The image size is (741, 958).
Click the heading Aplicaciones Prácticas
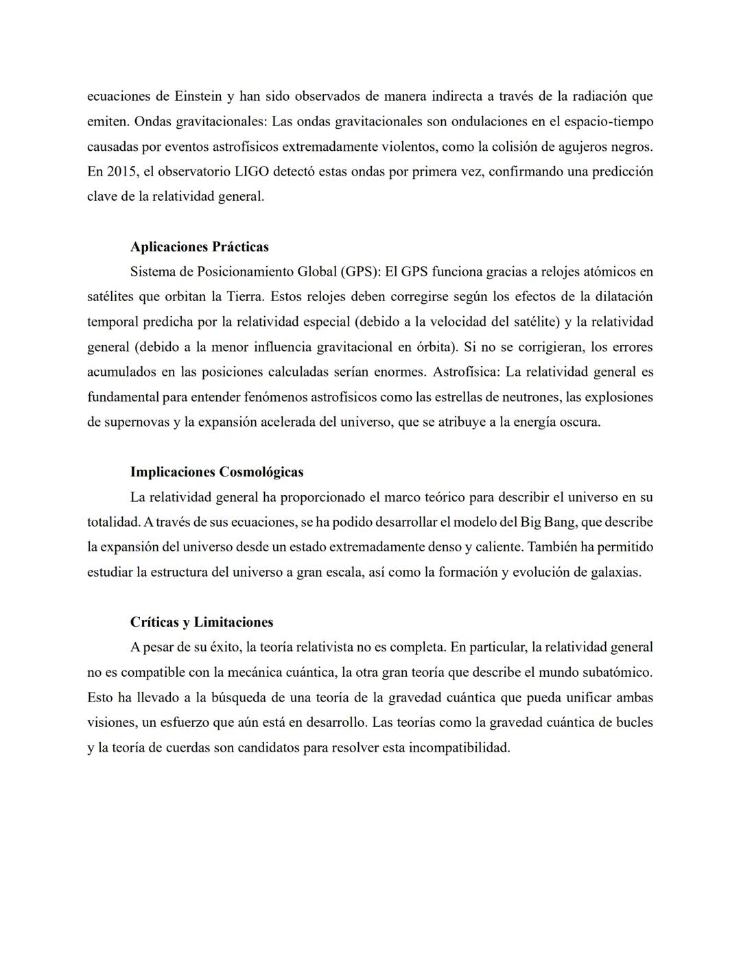(x=199, y=247)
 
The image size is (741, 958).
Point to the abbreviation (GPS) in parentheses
(x=358, y=272)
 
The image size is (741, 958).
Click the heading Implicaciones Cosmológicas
(x=217, y=472)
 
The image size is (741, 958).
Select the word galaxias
(x=615, y=573)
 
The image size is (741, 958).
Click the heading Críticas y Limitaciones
(x=202, y=623)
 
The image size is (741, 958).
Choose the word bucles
(x=635, y=723)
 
